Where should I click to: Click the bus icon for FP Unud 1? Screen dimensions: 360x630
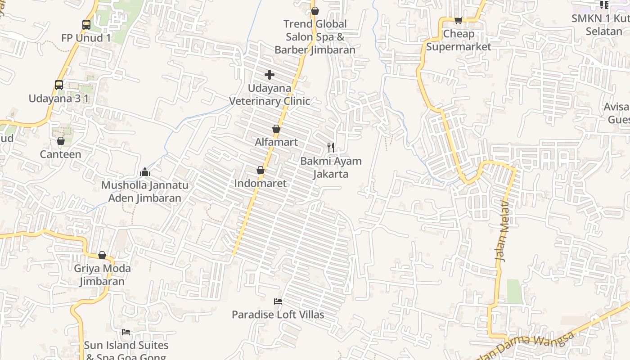tap(86, 25)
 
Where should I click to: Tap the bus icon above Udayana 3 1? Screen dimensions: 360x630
tap(59, 85)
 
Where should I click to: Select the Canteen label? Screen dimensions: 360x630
tap(60, 154)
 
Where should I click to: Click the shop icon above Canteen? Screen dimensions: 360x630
tap(61, 141)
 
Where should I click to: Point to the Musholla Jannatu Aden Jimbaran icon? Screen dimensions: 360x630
tap(145, 172)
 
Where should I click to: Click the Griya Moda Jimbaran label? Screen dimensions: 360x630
tap(102, 275)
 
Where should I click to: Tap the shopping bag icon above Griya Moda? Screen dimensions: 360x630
tap(102, 255)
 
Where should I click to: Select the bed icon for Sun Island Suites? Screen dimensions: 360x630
tap(126, 332)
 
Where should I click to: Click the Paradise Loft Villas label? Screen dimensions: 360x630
tap(278, 315)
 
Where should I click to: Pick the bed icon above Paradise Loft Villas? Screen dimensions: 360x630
tap(278, 301)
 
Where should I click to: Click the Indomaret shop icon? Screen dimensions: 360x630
tap(260, 170)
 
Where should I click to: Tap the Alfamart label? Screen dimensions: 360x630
tap(276, 142)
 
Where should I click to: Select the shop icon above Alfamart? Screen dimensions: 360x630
tap(276, 129)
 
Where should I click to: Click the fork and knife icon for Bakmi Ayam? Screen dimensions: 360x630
tap(331, 147)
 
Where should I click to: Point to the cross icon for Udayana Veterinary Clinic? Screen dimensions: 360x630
tap(270, 74)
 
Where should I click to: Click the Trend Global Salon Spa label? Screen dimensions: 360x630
tap(315, 36)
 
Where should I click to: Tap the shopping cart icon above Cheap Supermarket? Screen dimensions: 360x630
tap(458, 20)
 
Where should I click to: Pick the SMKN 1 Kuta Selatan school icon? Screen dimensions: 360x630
tap(604, 5)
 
